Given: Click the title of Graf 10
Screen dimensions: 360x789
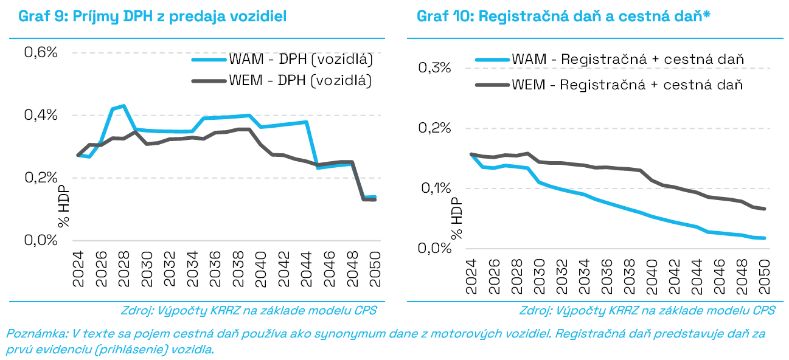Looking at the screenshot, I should pyautogui.click(x=564, y=16).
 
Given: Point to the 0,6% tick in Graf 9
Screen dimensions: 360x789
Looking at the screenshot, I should pyautogui.click(x=41, y=52).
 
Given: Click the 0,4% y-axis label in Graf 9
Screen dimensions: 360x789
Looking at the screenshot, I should pyautogui.click(x=41, y=116).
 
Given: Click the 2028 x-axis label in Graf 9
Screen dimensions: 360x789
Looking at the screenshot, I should pyautogui.click(x=123, y=270).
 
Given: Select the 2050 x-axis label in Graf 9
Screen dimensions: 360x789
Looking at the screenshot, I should pyautogui.click(x=374, y=270).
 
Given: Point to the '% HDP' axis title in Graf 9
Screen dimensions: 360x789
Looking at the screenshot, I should pyautogui.click(x=64, y=207).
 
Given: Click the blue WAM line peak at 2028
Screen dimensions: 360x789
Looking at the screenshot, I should pyautogui.click(x=123, y=106).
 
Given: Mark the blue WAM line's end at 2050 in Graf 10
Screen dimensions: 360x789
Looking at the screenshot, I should pyautogui.click(x=764, y=238).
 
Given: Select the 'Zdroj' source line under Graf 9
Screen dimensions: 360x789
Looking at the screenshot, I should pyautogui.click(x=249, y=310).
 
